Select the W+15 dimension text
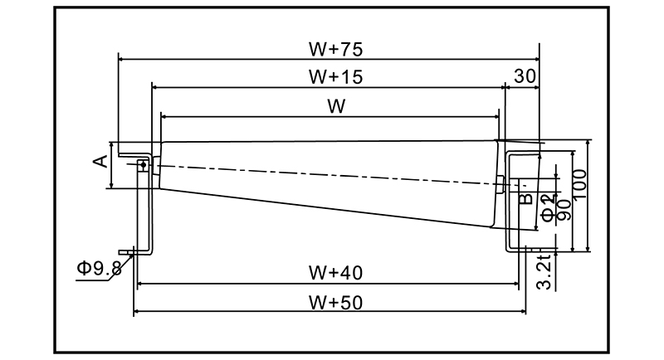[330, 77]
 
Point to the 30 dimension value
[524, 76]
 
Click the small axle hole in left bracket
[143, 165]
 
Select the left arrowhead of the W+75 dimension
[122, 59]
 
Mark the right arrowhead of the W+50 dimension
[522, 313]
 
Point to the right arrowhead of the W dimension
[500, 117]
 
